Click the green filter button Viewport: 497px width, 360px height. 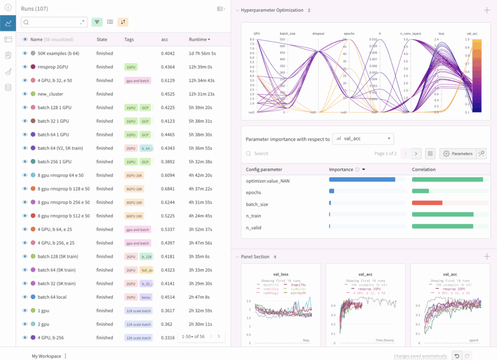97,22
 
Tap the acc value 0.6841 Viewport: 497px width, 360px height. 168,189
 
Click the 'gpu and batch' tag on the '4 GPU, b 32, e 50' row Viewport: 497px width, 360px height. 138,81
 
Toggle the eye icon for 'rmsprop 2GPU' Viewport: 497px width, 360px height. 25,67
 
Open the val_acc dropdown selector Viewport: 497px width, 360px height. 363,139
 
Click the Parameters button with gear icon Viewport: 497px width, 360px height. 458,154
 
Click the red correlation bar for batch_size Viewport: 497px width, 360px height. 427,203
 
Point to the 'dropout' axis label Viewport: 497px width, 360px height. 318,34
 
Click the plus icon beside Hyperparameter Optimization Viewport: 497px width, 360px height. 487,10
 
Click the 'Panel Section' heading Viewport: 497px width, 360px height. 255,257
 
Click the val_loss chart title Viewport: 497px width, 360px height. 281,274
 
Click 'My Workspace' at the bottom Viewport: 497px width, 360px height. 47,356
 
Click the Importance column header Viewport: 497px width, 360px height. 341,170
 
